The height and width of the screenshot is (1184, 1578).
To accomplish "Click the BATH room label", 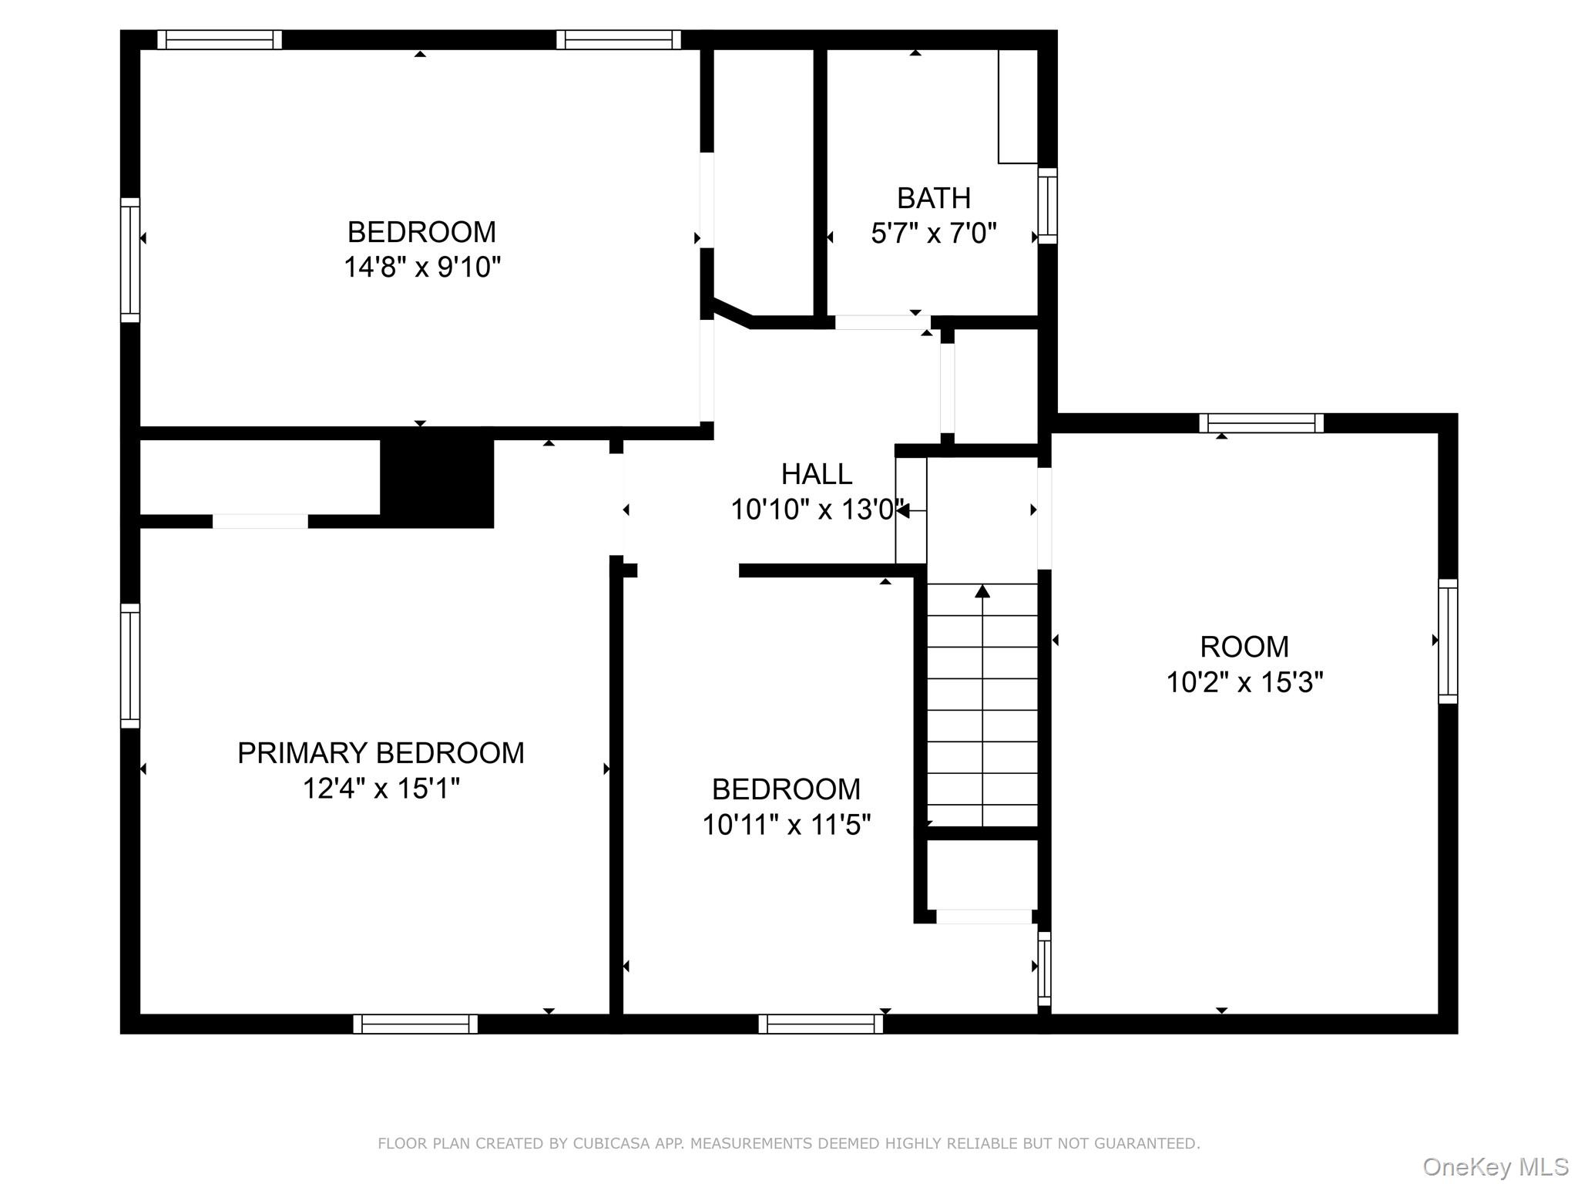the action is (933, 198).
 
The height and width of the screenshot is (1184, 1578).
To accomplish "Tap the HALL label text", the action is (817, 474).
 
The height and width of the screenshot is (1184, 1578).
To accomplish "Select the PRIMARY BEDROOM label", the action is (381, 753).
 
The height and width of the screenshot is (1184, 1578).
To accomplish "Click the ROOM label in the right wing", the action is (1244, 647).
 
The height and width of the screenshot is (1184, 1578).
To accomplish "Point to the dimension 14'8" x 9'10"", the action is (422, 267).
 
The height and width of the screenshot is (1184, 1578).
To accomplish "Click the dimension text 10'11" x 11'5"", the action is (786, 825).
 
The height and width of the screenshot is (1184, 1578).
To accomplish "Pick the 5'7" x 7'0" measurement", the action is (934, 233).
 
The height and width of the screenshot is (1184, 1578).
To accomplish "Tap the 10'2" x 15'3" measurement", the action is (1244, 682).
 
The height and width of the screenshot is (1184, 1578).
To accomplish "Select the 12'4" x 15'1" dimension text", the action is (381, 789).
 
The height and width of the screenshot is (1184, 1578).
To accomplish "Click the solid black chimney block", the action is (437, 483).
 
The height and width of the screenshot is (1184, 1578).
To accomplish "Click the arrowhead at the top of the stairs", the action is (982, 591).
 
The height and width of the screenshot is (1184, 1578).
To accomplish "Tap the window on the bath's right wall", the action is (1047, 206).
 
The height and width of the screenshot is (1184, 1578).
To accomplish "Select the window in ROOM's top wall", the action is (1261, 423).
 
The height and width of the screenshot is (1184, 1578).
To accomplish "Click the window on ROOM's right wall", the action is (1449, 641).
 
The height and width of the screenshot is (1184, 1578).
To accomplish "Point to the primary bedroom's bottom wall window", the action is (415, 1024).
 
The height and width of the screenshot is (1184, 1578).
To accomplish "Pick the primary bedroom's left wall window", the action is (130, 666).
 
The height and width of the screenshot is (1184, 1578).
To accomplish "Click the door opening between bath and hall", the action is (883, 322).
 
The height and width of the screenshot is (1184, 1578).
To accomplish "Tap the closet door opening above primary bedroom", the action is (260, 521).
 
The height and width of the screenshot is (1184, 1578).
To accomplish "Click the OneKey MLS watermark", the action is (1496, 1167).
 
